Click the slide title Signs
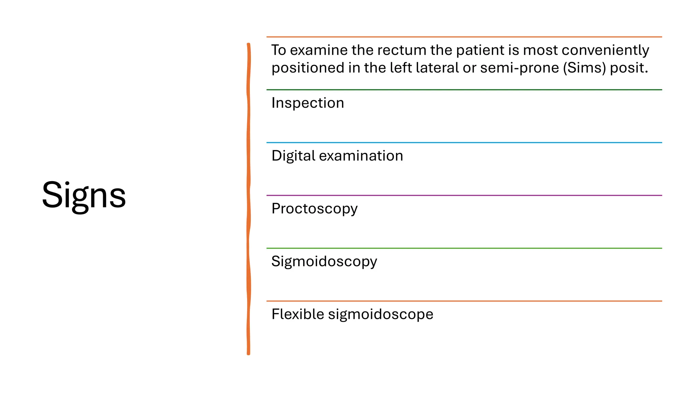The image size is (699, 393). (x=84, y=196)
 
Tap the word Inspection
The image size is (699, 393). (x=308, y=103)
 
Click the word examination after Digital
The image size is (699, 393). (x=361, y=156)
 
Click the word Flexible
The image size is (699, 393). (x=298, y=314)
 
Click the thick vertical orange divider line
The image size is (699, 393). (x=248, y=199)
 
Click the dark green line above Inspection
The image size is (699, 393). (x=464, y=90)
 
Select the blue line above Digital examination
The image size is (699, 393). (x=464, y=143)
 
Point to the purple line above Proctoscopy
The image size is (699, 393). (x=464, y=195)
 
